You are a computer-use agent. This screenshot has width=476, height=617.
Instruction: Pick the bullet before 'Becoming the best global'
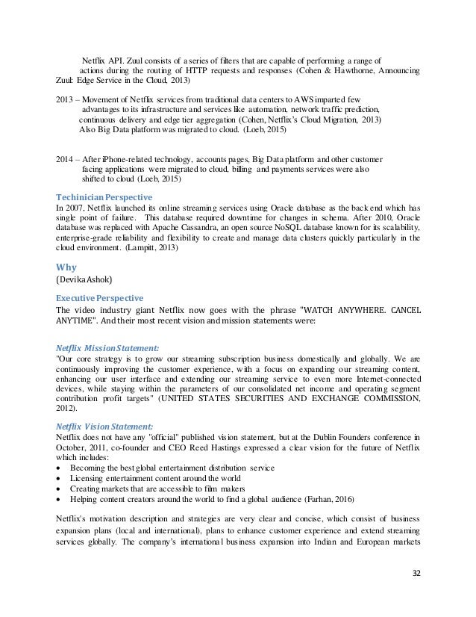pyautogui.click(x=60, y=468)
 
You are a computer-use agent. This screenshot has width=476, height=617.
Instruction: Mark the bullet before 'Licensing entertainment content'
pyautogui.click(x=60, y=478)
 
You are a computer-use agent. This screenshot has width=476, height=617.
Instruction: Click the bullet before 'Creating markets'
pyautogui.click(x=60, y=488)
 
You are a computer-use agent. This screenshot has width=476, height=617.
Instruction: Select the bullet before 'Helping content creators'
pyautogui.click(x=60, y=498)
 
